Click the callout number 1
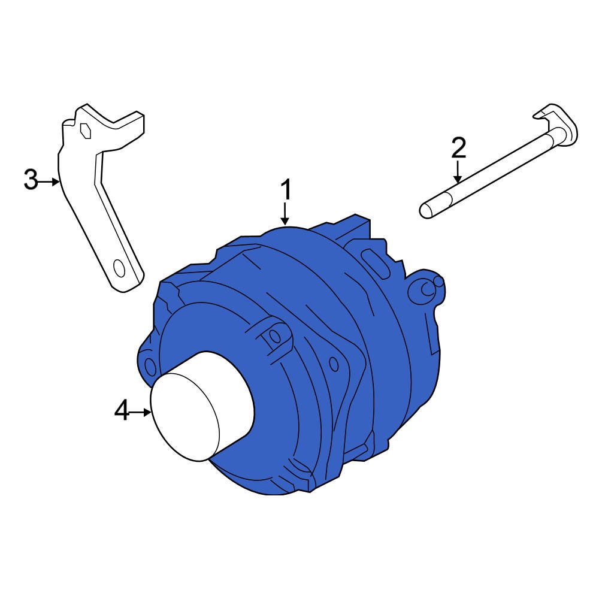pos(287,190)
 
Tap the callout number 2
pos(458,147)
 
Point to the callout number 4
pos(122,412)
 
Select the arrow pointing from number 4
pos(141,412)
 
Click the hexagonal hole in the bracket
pos(85,129)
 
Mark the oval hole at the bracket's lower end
pos(120,269)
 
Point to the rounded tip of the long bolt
pos(425,211)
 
